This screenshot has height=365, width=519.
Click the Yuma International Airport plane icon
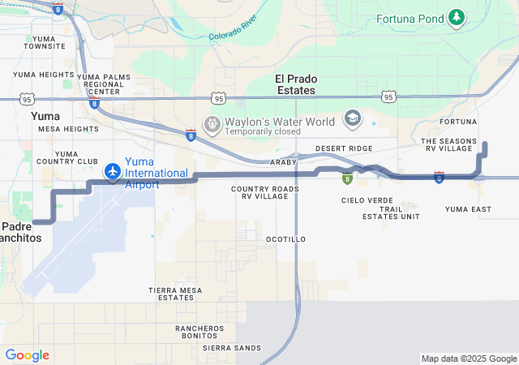pyautogui.click(x=113, y=172)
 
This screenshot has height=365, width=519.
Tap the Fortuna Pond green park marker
pyautogui.click(x=457, y=16)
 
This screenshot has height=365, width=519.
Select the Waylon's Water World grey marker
pyautogui.click(x=212, y=125)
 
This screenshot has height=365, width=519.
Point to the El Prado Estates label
pyautogui.click(x=296, y=84)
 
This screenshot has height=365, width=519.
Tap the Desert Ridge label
pyautogui.click(x=344, y=148)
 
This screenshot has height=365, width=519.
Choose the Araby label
pyautogui.click(x=283, y=161)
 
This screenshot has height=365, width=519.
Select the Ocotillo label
pyautogui.click(x=285, y=239)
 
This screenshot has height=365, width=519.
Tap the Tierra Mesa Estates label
pyautogui.click(x=175, y=294)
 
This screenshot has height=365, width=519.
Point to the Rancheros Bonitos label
pyautogui.click(x=199, y=333)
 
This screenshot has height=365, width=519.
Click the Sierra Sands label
pyautogui.click(x=232, y=347)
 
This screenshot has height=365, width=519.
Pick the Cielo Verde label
pyautogui.click(x=367, y=200)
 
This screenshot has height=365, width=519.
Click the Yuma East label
pyautogui.click(x=468, y=209)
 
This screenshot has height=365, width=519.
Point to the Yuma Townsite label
pyautogui.click(x=45, y=42)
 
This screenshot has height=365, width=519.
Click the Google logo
pyautogui.click(x=27, y=355)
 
